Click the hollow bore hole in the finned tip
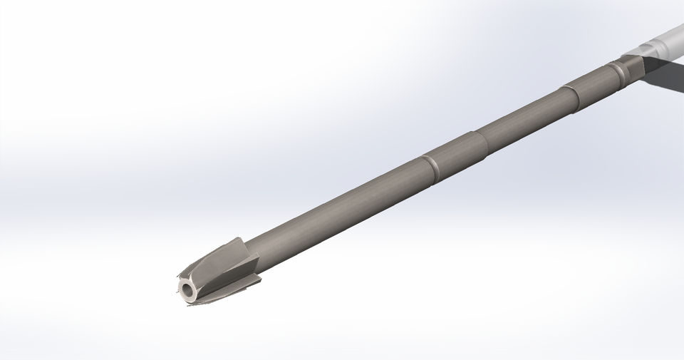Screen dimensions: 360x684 tap(188, 289)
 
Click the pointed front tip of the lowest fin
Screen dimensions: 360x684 tap(190, 304)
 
